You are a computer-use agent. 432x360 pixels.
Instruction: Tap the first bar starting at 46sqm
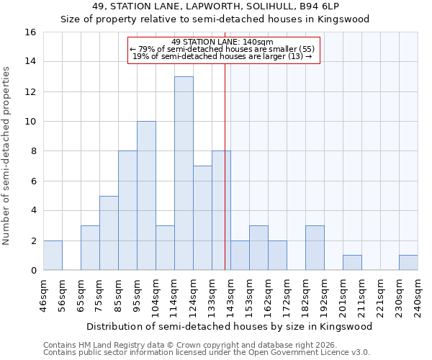(x=53, y=255)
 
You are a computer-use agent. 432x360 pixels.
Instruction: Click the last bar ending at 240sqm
(x=408, y=263)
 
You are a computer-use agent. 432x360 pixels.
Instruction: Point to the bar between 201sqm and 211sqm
(x=352, y=263)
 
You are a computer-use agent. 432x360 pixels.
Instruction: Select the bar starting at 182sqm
(x=315, y=248)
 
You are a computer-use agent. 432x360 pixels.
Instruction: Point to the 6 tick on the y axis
(x=33, y=181)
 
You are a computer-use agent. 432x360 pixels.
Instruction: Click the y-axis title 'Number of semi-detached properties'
(x=7, y=156)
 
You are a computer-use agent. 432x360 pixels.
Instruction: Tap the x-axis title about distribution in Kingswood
(x=230, y=326)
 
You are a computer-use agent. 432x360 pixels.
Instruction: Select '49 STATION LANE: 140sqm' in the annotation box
(x=223, y=42)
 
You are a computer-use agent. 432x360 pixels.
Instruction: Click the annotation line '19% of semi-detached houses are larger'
(x=223, y=56)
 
